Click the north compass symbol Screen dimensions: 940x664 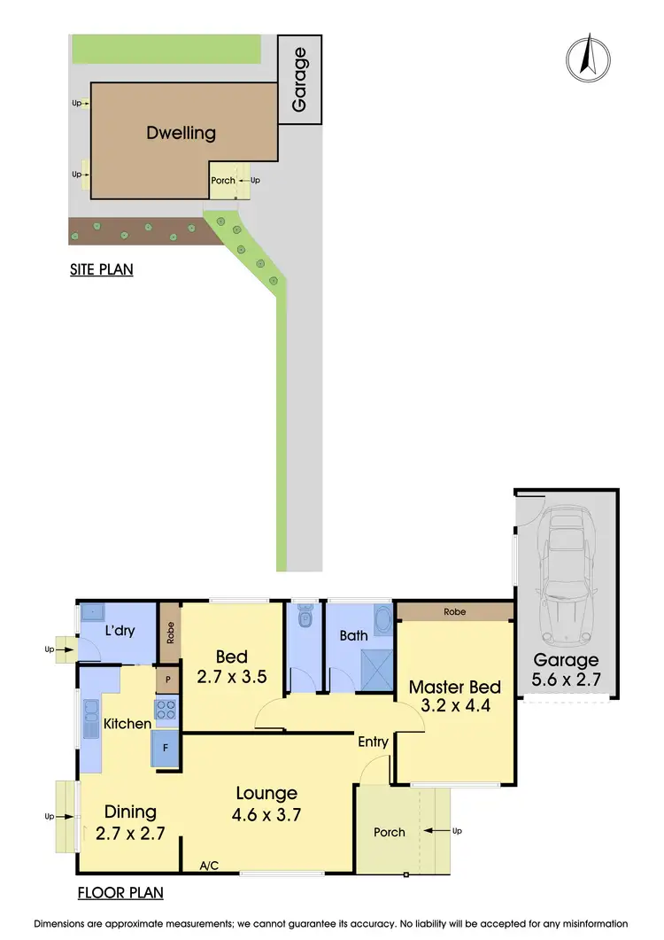click(584, 58)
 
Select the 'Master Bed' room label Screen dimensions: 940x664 click(454, 688)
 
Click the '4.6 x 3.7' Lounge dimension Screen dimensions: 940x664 click(266, 816)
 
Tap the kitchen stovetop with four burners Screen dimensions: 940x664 click(166, 710)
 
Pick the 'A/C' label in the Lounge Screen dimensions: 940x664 click(210, 865)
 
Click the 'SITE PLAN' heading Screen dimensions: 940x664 click(101, 269)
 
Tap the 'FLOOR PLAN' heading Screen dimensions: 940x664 click(119, 892)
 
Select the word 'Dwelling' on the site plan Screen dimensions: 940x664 click(181, 134)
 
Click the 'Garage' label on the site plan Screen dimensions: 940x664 click(299, 80)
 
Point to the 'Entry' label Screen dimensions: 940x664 click(374, 742)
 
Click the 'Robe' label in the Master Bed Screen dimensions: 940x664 click(455, 612)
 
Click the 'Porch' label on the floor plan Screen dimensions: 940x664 click(390, 832)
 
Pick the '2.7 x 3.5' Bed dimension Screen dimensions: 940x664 click(231, 680)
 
